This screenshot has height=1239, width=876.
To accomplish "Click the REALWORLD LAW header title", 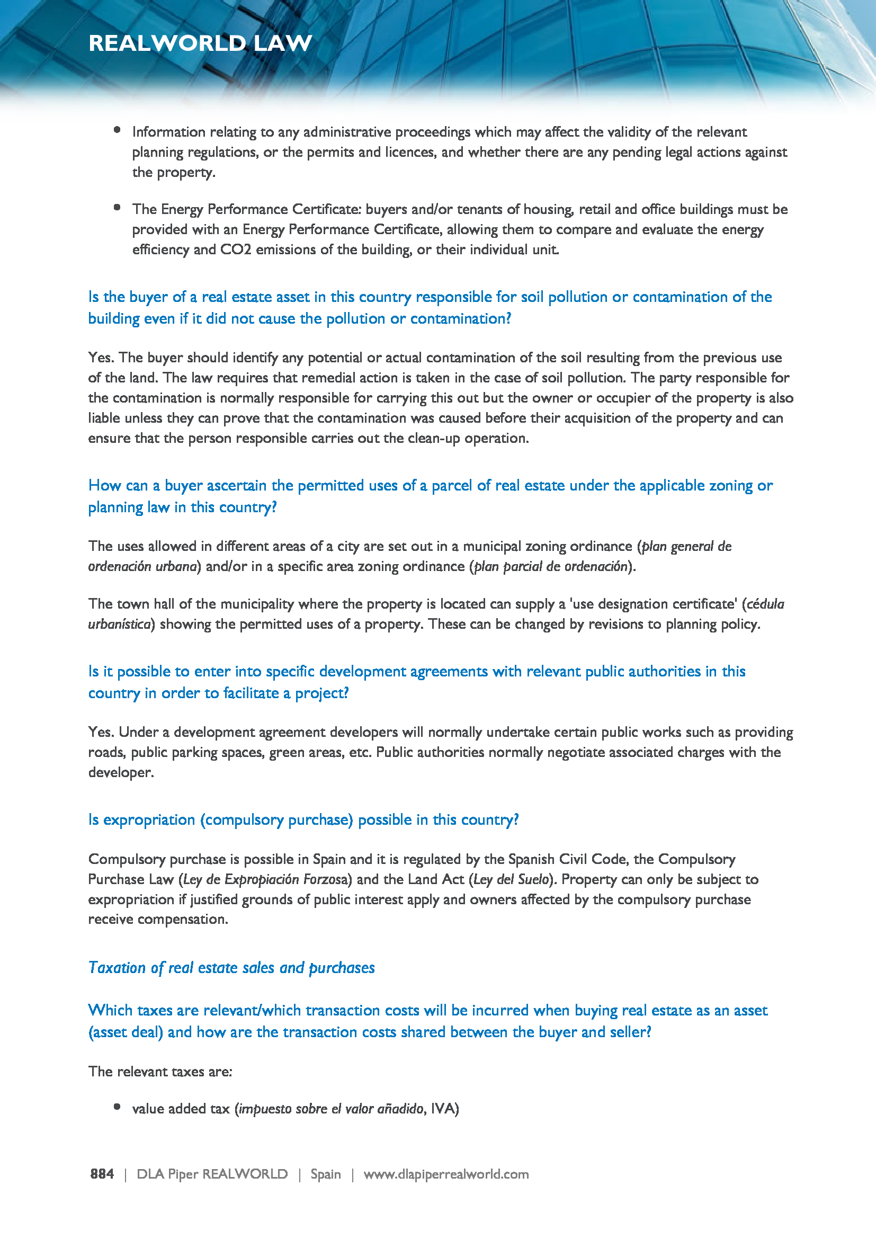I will [x=200, y=43].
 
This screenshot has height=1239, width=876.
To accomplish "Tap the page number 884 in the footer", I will [x=102, y=1174].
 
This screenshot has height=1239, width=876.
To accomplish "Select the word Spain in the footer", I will [x=325, y=1174].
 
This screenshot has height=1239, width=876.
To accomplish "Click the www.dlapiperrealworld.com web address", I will [x=445, y=1174].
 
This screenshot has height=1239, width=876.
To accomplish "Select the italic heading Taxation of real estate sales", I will [x=231, y=968].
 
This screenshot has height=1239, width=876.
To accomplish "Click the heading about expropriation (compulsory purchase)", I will [x=303, y=819].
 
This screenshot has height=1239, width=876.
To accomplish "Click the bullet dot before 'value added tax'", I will [x=117, y=1107].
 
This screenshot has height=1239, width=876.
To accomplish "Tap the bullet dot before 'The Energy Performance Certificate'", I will [x=117, y=207].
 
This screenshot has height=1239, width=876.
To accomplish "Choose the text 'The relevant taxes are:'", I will [x=160, y=1072].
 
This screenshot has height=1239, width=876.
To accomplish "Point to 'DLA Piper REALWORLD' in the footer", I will [x=212, y=1174].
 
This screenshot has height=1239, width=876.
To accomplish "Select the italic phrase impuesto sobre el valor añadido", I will [x=331, y=1109].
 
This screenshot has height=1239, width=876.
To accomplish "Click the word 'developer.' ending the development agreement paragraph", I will [x=121, y=773].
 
